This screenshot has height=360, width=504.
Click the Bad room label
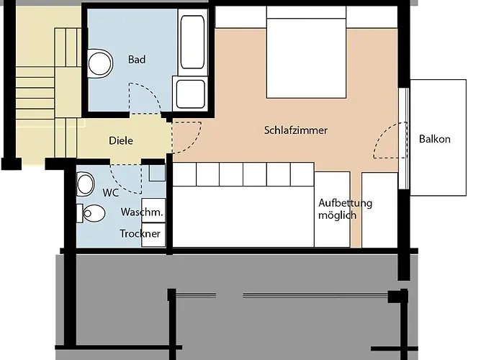(x=137, y=59)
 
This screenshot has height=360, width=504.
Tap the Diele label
(x=121, y=141)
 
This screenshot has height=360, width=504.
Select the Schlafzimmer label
(x=296, y=130)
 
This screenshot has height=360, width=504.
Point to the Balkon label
(x=435, y=139)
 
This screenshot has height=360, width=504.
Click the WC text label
(x=111, y=193)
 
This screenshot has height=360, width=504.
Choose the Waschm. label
(x=142, y=213)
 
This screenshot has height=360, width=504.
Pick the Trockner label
(x=140, y=234)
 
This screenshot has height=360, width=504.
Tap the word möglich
(x=337, y=215)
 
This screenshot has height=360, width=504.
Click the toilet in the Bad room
(x=100, y=63)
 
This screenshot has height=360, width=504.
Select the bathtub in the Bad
(x=193, y=41)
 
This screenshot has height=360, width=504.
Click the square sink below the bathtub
(x=190, y=94)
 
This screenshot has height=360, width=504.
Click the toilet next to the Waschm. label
(x=92, y=212)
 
